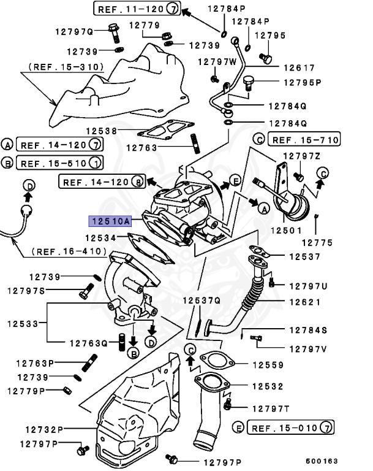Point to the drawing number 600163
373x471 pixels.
point(322,461)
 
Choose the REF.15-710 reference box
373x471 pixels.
point(304,139)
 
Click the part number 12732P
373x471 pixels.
point(45,429)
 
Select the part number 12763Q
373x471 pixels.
point(88,343)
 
